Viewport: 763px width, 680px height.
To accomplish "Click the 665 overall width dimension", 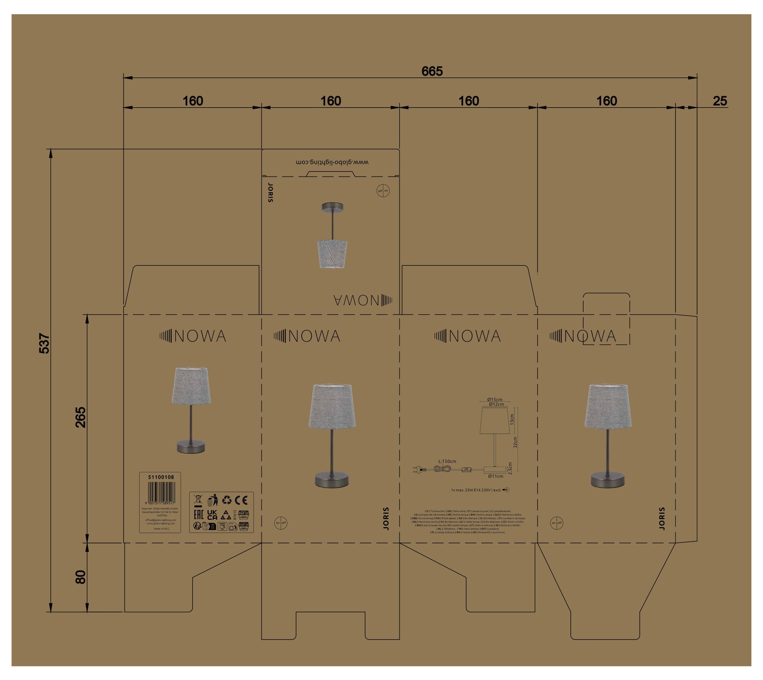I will pyautogui.click(x=432, y=71).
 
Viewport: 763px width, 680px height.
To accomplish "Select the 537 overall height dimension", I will pyautogui.click(x=44, y=343).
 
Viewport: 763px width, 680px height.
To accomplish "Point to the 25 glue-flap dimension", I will pyautogui.click(x=720, y=101).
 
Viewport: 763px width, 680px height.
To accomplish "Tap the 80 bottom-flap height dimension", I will pyautogui.click(x=80, y=577).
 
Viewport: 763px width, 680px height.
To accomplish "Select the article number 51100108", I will pyautogui.click(x=161, y=477).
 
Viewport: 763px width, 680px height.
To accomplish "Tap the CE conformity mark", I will pyautogui.click(x=241, y=500).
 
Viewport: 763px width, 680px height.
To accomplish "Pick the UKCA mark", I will pyautogui.click(x=212, y=515).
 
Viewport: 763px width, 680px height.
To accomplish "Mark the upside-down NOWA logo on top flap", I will pyautogui.click(x=362, y=300).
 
